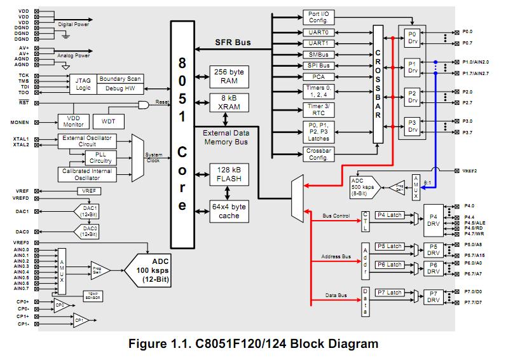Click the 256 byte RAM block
[x=228, y=76]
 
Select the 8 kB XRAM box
[x=228, y=103]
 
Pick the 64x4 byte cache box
[x=228, y=211]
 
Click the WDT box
[x=109, y=121]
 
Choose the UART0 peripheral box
[x=318, y=32]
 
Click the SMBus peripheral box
[x=318, y=55]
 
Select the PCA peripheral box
[x=318, y=77]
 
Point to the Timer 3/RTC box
[x=318, y=110]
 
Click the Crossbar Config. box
[x=318, y=154]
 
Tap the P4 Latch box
[x=389, y=215]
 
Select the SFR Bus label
[x=232, y=43]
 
